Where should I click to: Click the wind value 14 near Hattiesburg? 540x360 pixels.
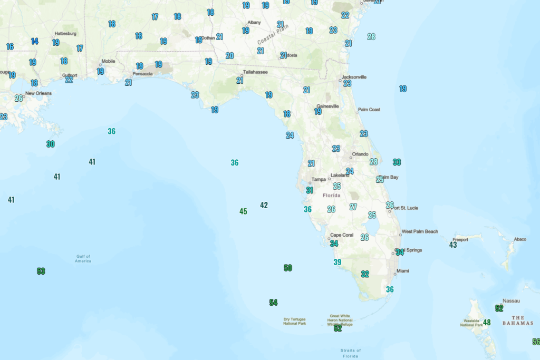click(35, 41)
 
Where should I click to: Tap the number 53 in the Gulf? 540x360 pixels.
click(41, 271)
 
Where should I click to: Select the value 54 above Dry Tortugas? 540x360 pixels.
click(273, 303)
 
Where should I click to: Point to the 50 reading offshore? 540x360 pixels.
click(288, 268)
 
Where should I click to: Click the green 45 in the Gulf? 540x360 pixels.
click(243, 211)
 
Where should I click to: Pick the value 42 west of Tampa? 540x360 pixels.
click(264, 205)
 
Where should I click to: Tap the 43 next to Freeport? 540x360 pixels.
click(453, 245)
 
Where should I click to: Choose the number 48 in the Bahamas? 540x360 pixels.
click(487, 322)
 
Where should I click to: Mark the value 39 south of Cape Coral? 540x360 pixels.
click(337, 262)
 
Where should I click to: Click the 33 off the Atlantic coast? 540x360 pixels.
click(397, 162)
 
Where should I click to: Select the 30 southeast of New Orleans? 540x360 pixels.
click(51, 144)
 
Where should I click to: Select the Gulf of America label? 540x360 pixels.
click(83, 259)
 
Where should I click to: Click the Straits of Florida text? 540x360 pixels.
click(351, 353)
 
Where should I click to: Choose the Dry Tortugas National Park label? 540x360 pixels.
click(294, 321)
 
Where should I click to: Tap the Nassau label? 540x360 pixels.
click(511, 301)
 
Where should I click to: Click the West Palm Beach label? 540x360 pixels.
click(420, 231)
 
